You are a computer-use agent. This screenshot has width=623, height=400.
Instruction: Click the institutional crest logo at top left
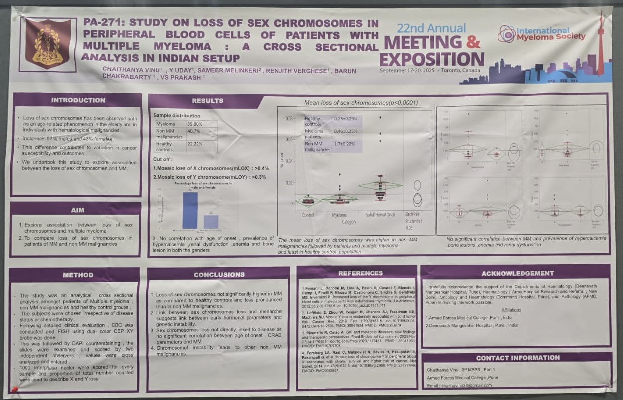48,45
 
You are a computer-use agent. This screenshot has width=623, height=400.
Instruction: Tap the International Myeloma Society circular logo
506,34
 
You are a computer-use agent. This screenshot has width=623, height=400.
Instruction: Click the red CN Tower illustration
600,45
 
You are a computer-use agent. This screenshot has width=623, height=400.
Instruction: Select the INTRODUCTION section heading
78,100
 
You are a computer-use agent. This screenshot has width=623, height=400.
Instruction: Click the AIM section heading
78,210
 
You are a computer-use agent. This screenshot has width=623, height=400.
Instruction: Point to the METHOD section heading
78,275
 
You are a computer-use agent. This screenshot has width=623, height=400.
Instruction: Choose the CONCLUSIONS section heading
219,274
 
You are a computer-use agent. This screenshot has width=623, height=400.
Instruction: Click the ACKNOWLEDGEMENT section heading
517,273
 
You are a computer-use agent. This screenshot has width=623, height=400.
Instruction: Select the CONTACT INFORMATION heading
517,358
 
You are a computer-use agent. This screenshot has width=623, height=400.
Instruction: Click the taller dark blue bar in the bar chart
190,210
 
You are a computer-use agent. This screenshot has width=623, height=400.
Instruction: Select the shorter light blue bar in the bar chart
211,221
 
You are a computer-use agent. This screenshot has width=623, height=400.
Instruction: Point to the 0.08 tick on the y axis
289,118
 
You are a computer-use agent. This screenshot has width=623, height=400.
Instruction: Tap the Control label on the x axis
308,215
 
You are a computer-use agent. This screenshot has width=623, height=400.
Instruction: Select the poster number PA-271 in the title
102,23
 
